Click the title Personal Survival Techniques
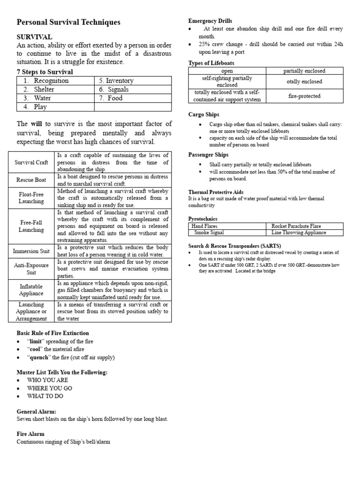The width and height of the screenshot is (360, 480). click(68, 22)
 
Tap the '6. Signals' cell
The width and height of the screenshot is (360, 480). click(113, 90)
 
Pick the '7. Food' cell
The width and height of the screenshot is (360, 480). click(111, 98)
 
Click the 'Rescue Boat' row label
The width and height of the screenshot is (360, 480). click(32, 180)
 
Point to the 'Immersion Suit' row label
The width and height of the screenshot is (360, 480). click(32, 251)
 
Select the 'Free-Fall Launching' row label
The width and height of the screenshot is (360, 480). click(32, 226)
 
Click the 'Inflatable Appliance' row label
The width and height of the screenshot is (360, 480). click(32, 290)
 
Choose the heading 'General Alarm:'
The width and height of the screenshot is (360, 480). click(37, 411)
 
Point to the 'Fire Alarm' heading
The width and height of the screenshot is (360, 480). click(30, 434)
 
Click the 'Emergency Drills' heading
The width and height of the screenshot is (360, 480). click(210, 21)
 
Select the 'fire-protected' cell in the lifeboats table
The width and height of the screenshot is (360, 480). click(304, 96)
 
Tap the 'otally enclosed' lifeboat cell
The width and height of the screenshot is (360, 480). click(304, 82)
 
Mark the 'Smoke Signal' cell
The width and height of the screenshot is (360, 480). click(209, 232)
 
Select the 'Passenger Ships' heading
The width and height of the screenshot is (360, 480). click(208, 155)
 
